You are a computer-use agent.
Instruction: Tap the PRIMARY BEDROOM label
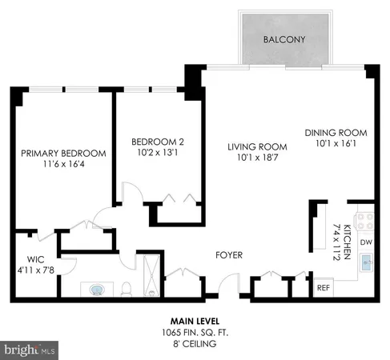(63, 154)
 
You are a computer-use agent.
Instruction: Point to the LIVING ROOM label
(257, 146)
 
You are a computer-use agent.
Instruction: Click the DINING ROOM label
(336, 133)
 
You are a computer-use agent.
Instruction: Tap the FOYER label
(229, 255)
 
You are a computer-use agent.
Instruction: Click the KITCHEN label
(347, 240)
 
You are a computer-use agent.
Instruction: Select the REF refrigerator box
(324, 287)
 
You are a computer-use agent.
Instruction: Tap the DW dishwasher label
(366, 242)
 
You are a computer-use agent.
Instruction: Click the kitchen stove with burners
(366, 220)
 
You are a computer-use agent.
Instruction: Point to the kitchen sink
(367, 263)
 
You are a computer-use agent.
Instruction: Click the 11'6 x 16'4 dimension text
(63, 165)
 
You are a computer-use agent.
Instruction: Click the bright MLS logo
(30, 350)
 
